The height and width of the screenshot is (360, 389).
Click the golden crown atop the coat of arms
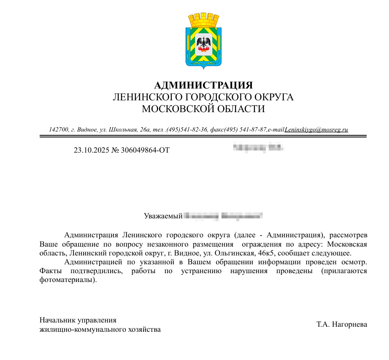(203, 19)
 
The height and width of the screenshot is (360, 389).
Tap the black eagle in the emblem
(203, 43)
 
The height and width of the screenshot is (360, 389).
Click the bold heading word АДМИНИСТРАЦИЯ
(203, 86)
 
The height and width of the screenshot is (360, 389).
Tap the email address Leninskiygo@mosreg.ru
(316, 130)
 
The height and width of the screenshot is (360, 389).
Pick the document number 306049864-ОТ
(145, 150)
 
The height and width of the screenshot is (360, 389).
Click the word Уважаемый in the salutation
(163, 216)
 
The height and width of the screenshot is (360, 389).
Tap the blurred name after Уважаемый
(224, 216)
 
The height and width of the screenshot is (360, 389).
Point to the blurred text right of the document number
(258, 148)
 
